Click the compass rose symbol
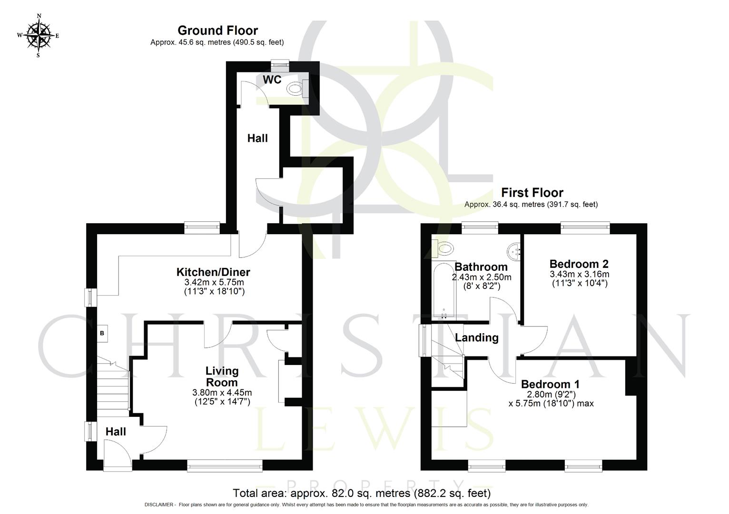38,35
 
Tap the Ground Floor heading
217,30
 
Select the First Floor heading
532,193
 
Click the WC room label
272,80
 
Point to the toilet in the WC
296,89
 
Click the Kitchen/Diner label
213,272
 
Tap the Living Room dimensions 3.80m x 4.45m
222,393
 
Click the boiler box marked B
102,334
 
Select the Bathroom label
481,267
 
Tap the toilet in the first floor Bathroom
443,247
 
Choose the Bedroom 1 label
550,384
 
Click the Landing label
476,338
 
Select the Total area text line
361,493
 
